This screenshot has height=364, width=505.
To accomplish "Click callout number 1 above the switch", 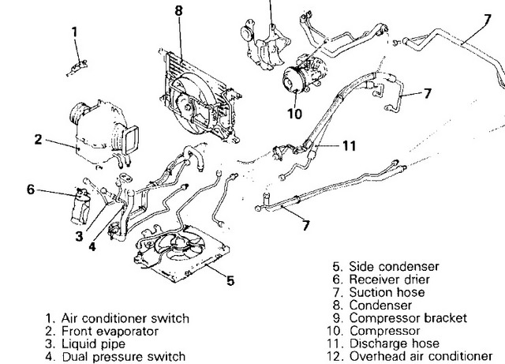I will (x=75, y=32).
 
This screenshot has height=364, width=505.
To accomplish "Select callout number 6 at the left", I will (x=32, y=190).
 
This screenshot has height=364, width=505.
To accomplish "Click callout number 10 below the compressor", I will (x=295, y=113).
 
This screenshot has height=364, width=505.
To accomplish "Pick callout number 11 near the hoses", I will (x=350, y=145).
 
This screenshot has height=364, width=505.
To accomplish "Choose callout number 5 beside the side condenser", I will (x=230, y=280).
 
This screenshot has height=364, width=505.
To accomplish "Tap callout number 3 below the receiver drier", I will (x=79, y=235).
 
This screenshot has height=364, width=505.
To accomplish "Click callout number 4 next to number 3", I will (x=92, y=246).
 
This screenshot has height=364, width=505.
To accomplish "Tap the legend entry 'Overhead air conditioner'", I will (x=419, y=356).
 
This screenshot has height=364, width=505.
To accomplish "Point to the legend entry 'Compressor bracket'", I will (x=399, y=318).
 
